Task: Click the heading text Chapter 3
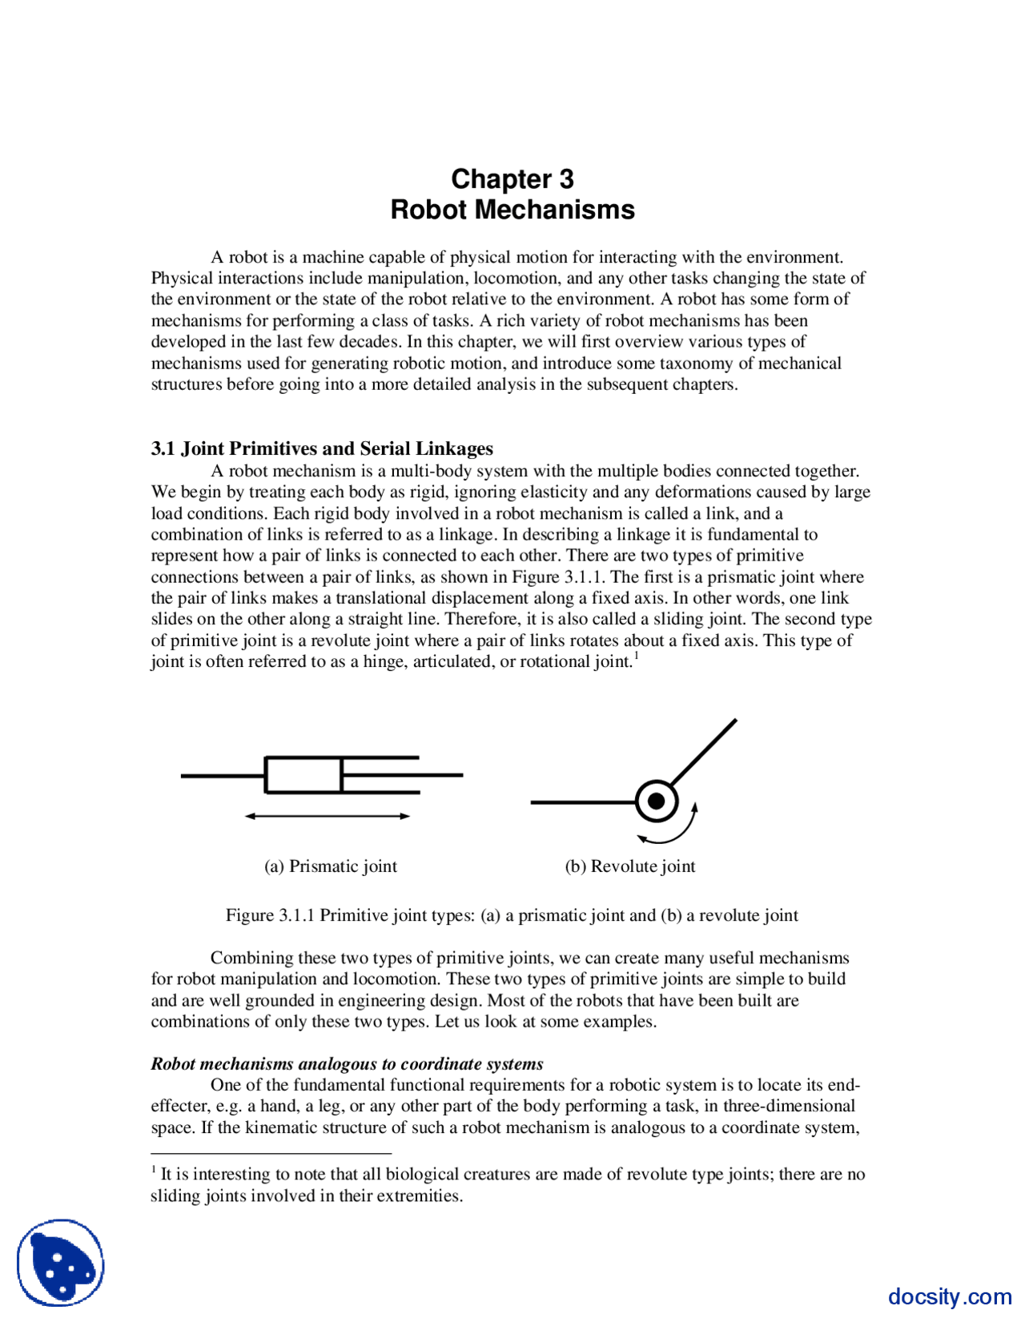click(512, 179)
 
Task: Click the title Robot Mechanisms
click(512, 210)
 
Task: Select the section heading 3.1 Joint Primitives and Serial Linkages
click(322, 448)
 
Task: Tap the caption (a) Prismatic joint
click(330, 866)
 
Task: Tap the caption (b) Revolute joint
click(629, 866)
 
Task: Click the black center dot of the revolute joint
click(657, 801)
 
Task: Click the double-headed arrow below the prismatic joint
click(327, 816)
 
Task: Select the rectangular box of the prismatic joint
click(303, 774)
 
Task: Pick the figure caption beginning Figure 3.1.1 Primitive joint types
click(512, 915)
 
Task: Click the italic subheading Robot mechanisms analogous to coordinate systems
click(347, 1064)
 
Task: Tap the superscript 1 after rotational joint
click(636, 656)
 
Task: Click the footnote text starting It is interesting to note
click(508, 1175)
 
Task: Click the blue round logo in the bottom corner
click(61, 1263)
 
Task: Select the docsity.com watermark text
click(949, 1296)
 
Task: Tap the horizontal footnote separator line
click(271, 1154)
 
